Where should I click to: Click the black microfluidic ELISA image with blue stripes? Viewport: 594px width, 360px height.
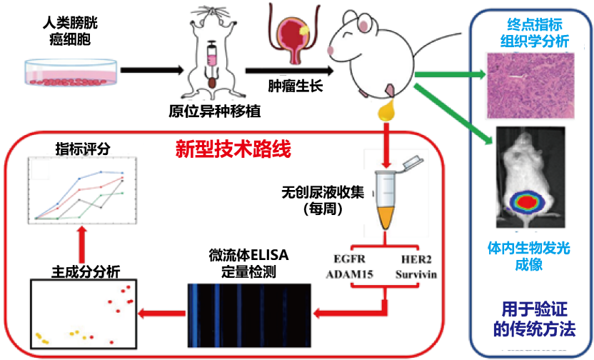point(249,312)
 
